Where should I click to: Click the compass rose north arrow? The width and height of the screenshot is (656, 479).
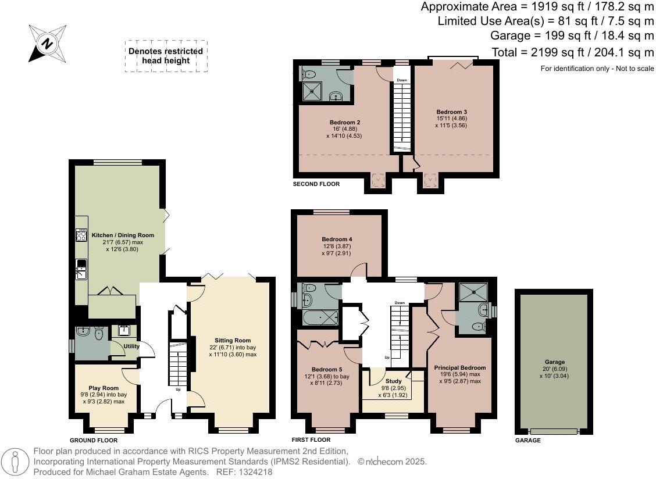click(48, 44)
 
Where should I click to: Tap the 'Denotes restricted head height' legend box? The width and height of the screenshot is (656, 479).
click(166, 56)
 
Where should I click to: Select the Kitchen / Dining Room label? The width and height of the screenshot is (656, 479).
click(123, 235)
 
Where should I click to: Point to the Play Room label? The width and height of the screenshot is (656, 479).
click(104, 388)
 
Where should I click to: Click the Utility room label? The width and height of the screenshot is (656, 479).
click(132, 346)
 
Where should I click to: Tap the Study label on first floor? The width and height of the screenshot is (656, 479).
click(394, 382)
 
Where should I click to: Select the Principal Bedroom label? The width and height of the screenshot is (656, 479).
click(459, 368)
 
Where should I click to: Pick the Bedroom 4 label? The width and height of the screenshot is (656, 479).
click(337, 239)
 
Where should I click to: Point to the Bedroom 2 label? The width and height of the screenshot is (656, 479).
click(345, 122)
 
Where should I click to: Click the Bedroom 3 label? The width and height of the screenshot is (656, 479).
click(452, 112)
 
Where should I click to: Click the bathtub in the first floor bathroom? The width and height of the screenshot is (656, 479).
click(320, 318)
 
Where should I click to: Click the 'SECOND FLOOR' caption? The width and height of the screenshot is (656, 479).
click(316, 184)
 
